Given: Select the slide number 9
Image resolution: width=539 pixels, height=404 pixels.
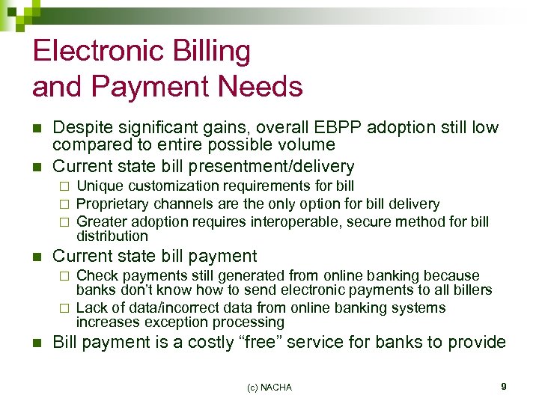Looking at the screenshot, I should pyautogui.click(x=504, y=386).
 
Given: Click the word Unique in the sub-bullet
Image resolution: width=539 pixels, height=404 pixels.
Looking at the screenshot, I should pyautogui.click(x=100, y=186).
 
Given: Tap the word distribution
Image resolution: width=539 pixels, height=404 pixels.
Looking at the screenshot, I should pyautogui.click(x=112, y=236).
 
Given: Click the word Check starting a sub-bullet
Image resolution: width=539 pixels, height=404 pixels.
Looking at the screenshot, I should pyautogui.click(x=97, y=276).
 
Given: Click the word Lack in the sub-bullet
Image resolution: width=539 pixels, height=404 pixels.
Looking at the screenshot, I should pyautogui.click(x=92, y=307).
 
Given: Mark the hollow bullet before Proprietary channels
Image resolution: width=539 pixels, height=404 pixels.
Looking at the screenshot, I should pyautogui.click(x=64, y=204).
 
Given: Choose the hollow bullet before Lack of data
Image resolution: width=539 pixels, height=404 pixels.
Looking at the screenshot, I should pyautogui.click(x=64, y=308).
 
